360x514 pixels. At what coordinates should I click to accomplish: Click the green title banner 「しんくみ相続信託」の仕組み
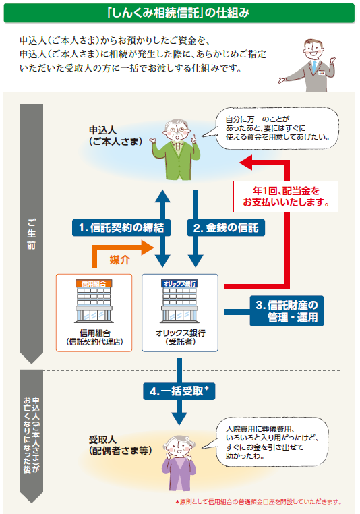click(179, 12)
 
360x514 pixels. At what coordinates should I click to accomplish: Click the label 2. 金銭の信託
click(225, 227)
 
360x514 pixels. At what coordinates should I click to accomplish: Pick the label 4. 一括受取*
click(179, 391)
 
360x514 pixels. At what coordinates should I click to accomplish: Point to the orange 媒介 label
click(119, 258)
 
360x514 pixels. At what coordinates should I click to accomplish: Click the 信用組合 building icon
click(94, 303)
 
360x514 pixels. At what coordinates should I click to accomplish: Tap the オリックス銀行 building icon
click(180, 303)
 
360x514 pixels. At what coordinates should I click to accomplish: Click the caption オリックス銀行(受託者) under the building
click(180, 337)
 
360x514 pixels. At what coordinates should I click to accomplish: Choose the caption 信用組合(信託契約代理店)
click(94, 337)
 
